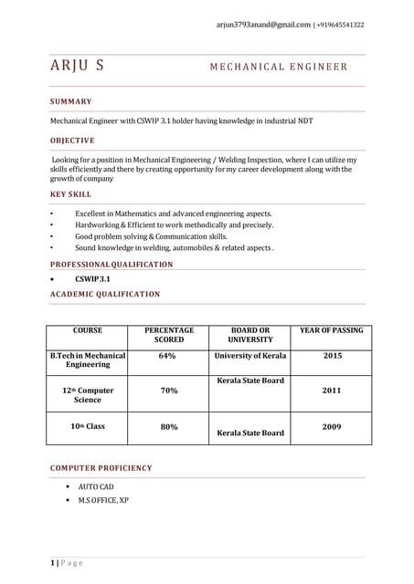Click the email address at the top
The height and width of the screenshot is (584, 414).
pos(264,25)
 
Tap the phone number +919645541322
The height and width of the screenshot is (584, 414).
pos(340,25)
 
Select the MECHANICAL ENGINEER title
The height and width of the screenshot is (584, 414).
pos(279,67)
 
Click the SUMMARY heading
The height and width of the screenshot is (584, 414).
pos(70,101)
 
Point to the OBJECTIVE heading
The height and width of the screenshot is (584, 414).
pos(72,141)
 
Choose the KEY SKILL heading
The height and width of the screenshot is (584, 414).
pos(70,194)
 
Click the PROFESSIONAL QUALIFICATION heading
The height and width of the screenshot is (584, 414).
pos(111,264)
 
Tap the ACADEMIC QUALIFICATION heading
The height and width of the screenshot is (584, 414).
pos(105,294)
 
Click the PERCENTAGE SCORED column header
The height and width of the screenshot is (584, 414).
pos(168,335)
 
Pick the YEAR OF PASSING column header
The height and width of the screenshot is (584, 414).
pos(331,330)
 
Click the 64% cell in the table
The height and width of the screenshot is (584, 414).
pos(167,356)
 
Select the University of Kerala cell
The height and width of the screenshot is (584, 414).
pos(249,356)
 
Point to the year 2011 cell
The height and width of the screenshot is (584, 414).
pos(331,391)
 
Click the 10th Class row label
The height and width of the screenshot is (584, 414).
pos(88,426)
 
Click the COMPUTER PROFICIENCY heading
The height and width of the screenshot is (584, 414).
pos(101,468)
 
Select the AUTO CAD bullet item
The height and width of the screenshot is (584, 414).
pos(95,487)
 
